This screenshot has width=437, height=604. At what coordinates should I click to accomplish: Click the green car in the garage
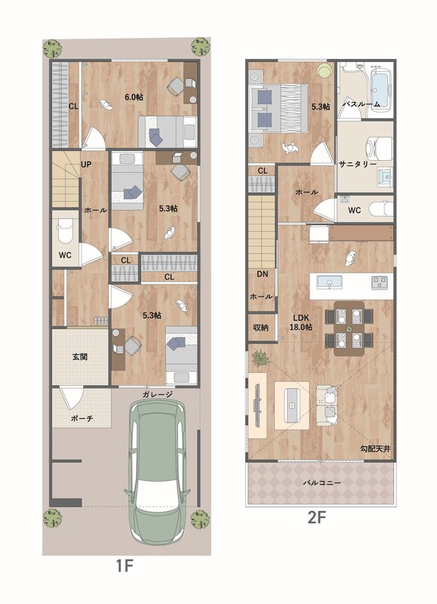click(157, 472)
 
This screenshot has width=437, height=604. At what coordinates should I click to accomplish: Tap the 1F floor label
click(125, 565)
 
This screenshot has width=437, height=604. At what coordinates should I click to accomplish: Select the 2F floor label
click(317, 517)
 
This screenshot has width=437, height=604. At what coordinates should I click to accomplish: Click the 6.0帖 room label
click(134, 97)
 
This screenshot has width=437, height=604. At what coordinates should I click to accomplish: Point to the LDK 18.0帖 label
click(300, 323)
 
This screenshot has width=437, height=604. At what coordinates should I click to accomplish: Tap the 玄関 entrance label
click(80, 356)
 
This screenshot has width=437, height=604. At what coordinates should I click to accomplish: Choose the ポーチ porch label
click(82, 418)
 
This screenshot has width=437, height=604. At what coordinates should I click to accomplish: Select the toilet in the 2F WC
click(381, 209)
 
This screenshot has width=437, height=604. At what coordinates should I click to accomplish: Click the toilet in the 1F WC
click(65, 230)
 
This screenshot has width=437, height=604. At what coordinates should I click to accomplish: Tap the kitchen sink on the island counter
click(329, 282)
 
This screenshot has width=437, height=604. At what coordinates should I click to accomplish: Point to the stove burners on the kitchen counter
click(379, 282)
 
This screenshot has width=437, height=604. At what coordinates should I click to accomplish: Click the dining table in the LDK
click(349, 328)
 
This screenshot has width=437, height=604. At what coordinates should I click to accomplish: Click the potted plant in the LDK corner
click(260, 358)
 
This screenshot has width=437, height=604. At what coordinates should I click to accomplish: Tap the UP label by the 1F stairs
click(86, 165)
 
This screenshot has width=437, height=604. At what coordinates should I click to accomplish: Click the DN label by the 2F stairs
click(262, 274)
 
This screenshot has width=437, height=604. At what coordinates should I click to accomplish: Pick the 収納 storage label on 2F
click(260, 327)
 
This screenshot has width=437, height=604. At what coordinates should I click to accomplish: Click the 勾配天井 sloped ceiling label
click(375, 448)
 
